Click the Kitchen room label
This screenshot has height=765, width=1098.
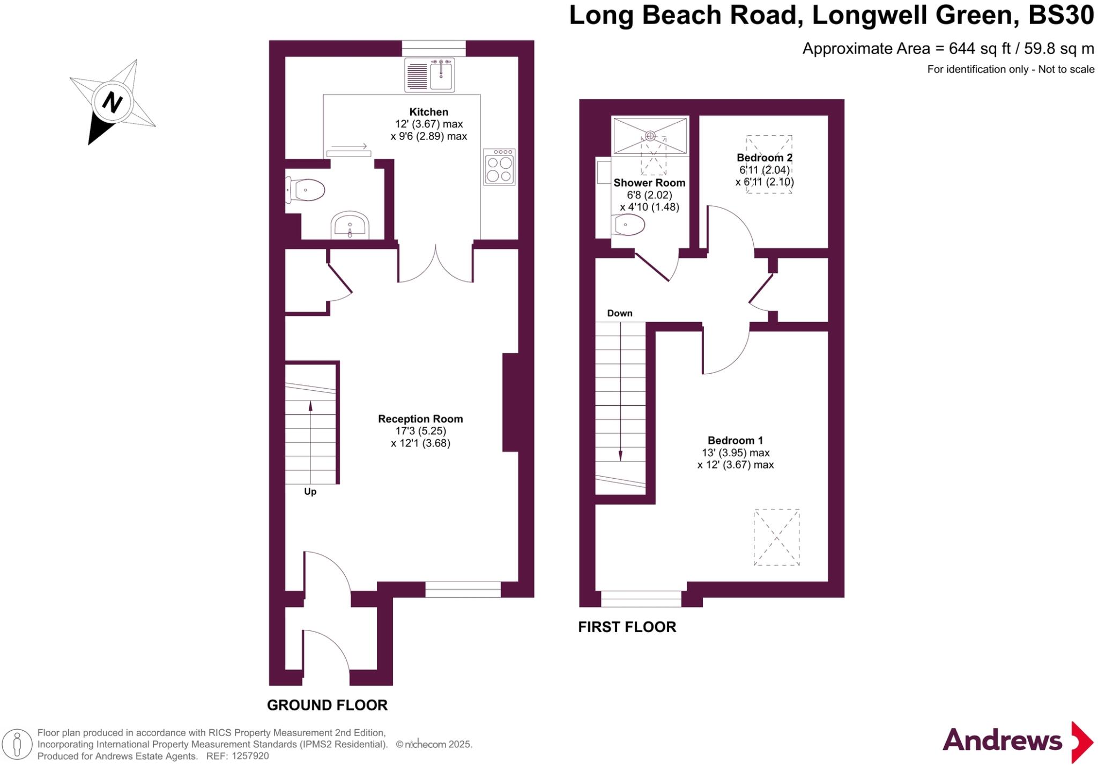429,112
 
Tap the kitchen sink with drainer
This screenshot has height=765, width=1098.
429,75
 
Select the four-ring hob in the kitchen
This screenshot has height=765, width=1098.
499,167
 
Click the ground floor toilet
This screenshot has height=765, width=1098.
306,190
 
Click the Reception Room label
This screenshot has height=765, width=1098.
420,419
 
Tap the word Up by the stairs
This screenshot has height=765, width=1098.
310,492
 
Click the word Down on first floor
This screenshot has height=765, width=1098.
620,313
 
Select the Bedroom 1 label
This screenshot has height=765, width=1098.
735,440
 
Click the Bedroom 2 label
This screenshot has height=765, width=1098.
765,158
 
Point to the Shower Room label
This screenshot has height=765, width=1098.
649,183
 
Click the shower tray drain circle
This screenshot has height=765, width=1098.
650,136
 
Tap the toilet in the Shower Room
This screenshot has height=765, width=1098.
628,225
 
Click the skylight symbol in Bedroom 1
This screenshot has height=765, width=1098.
776,537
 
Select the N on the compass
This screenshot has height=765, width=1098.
112,101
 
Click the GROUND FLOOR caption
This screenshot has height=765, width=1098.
327,705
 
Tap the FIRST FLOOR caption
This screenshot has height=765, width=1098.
627,627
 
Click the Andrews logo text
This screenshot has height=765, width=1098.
1002,741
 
